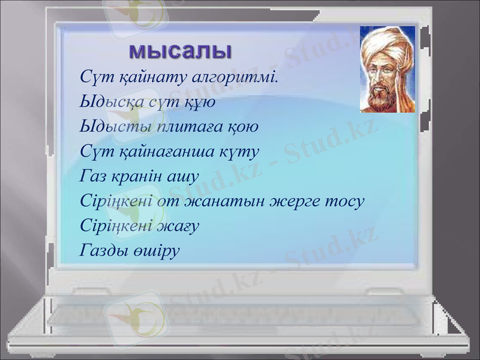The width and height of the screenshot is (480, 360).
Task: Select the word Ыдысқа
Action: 112,103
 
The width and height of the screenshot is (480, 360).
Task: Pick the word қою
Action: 243,127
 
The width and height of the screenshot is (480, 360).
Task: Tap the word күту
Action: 238,152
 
